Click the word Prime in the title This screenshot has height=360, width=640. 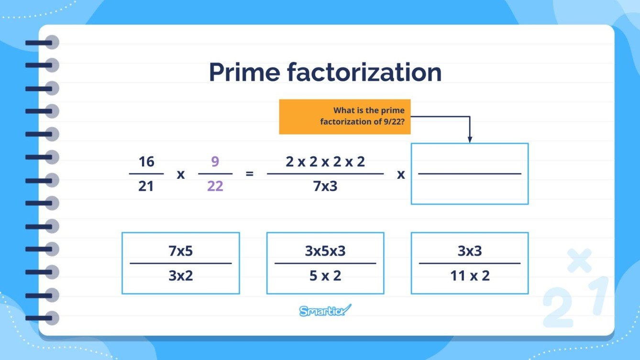pos(244,72)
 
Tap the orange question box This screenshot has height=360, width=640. pos(344,116)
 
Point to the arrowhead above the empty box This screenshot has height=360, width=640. pos(470,140)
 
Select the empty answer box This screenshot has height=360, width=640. pos(469,174)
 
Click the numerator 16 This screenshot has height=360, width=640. pos(146,162)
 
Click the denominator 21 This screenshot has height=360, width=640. pos(146,186)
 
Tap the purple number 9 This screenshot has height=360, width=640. pos(215,162)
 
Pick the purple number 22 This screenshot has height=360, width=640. pos(215,186)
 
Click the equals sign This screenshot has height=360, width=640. pos(249,174)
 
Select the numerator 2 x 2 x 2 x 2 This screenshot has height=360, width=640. pos(325,162)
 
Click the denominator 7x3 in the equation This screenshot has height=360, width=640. pos(325,186)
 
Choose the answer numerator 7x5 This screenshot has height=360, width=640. pos(181,251)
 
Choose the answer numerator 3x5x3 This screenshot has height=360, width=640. pos(325,251)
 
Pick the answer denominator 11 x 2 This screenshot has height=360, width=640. pos(470,276)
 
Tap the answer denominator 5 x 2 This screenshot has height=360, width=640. pos(325,276)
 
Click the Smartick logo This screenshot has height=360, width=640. pos(325,310)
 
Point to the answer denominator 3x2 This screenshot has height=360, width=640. pos(181,276)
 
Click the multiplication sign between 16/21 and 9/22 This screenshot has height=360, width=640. pos(181,175)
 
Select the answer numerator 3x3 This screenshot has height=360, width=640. pos(470,251)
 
